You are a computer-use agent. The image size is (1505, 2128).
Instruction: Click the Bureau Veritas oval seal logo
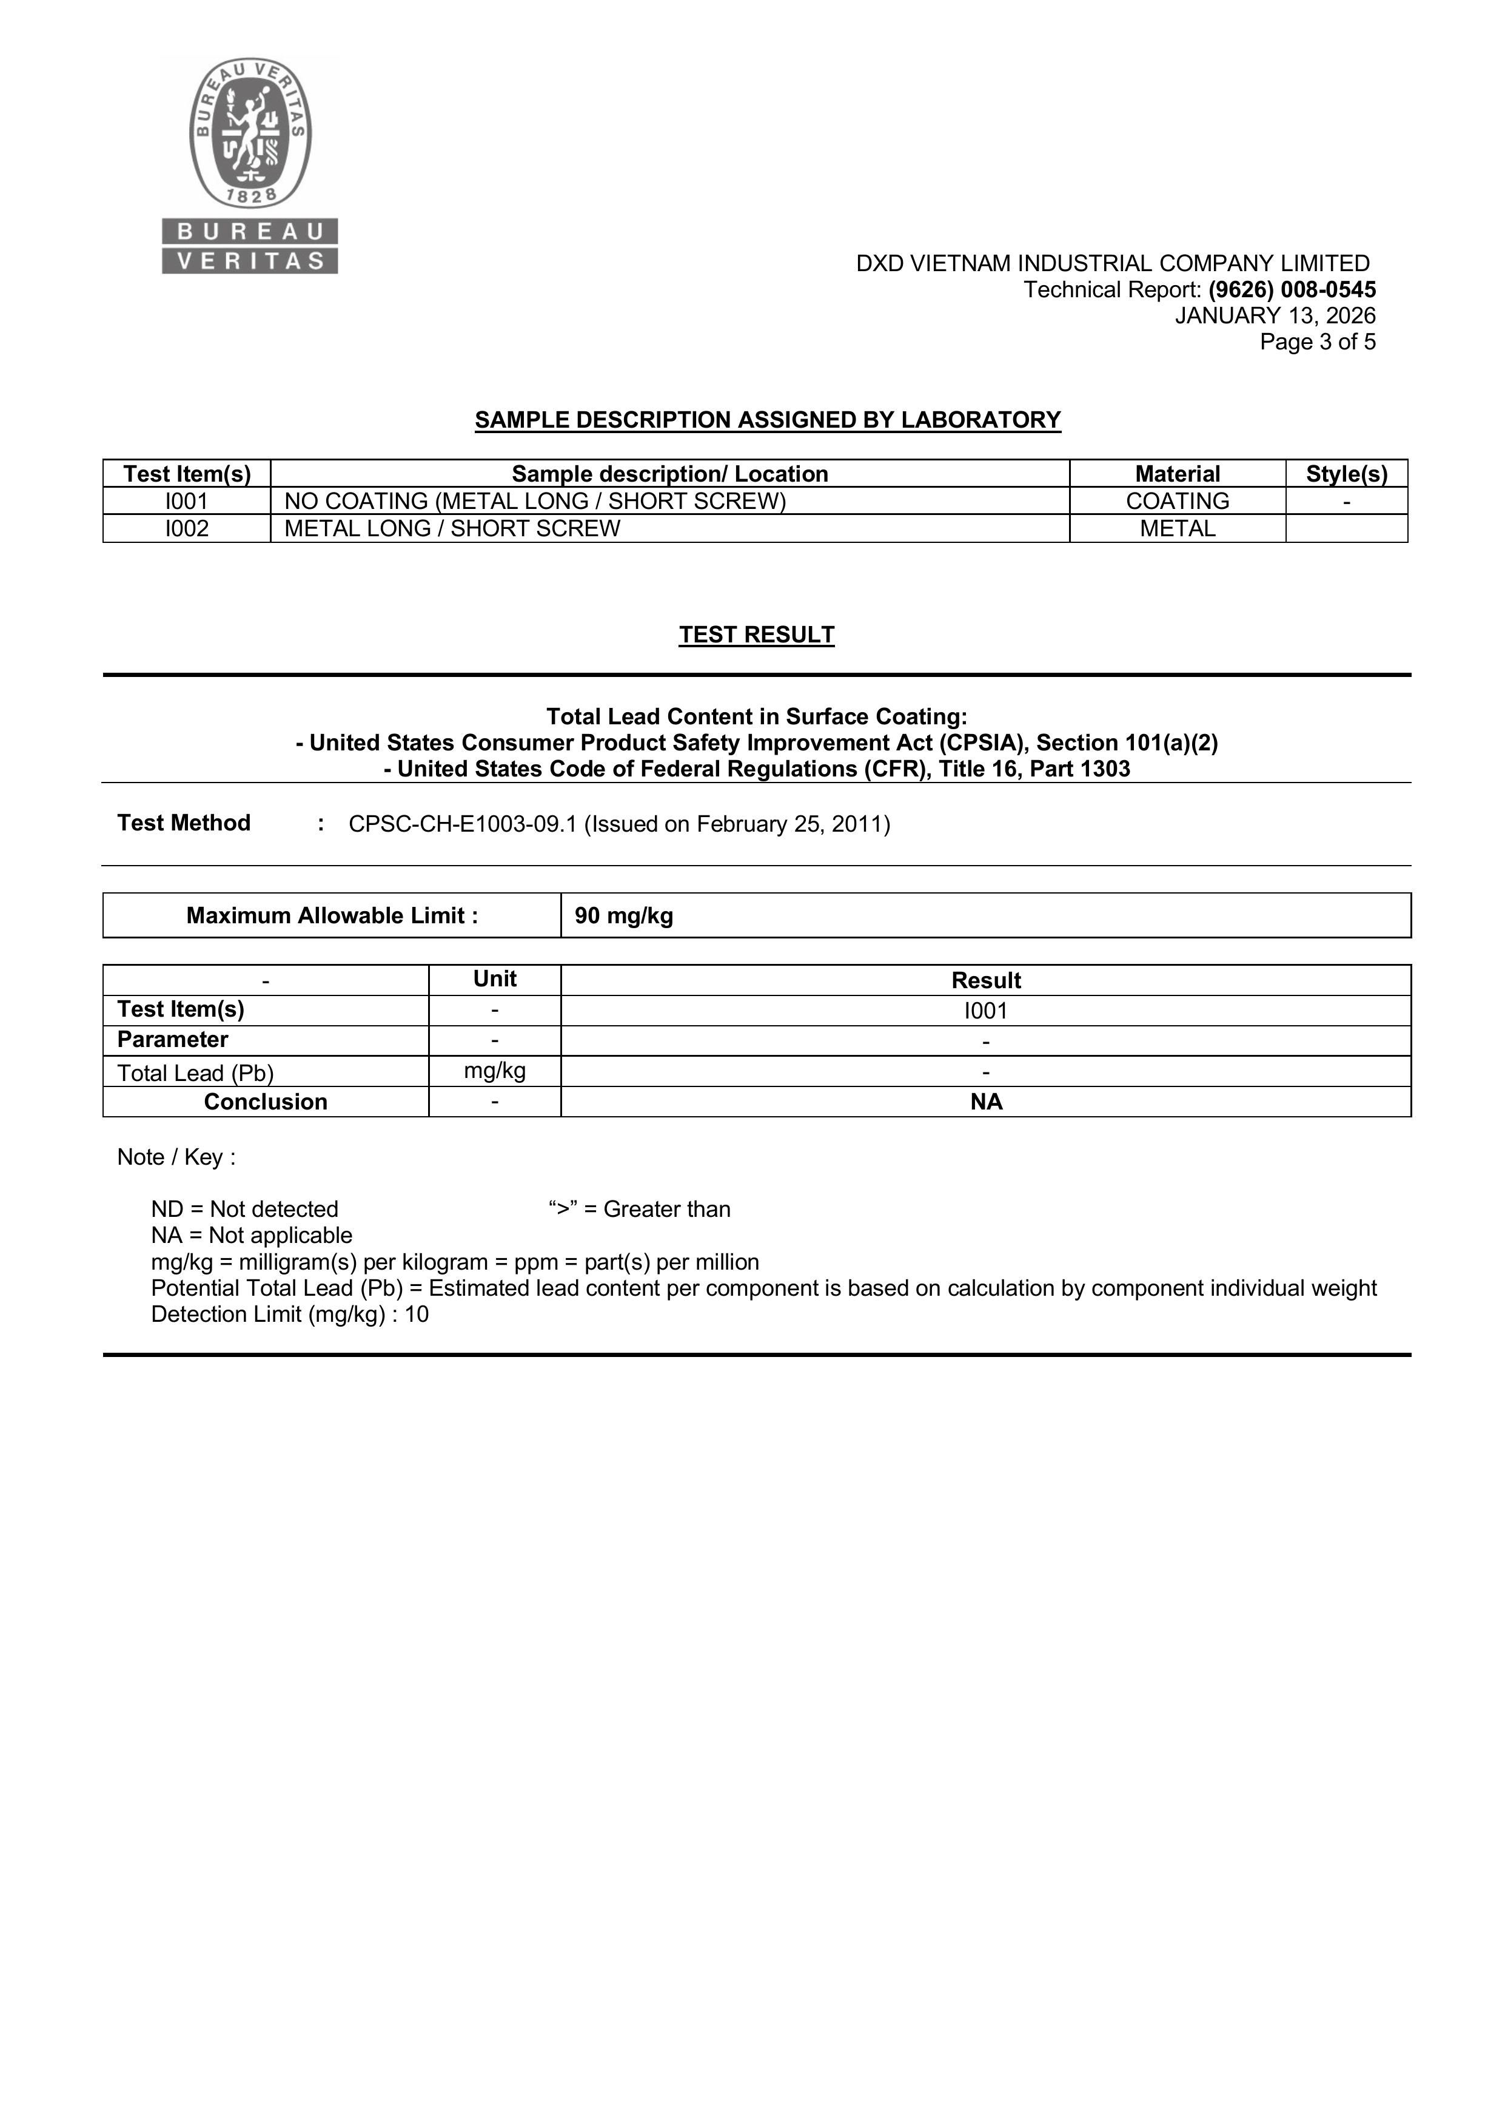click(x=250, y=132)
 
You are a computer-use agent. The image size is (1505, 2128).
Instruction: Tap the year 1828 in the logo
click(x=251, y=195)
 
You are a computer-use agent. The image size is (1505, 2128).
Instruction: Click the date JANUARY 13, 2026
click(x=1275, y=316)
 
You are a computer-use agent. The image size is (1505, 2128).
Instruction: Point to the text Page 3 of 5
click(x=1317, y=342)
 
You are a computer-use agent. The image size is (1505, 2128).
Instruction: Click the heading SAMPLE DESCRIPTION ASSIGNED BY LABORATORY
click(x=767, y=420)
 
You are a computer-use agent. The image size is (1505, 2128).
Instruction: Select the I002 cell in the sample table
click(x=187, y=528)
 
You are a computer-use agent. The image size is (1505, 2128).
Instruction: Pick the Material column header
click(x=1177, y=474)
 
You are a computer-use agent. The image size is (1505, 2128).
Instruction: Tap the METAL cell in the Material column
click(x=1177, y=528)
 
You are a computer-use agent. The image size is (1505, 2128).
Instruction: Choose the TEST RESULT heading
click(x=756, y=635)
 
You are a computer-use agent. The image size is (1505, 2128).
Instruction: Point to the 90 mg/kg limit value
click(x=624, y=916)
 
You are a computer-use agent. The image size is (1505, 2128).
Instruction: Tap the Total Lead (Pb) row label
click(x=195, y=1072)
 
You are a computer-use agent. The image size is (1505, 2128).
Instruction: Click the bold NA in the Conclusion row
click(x=986, y=1102)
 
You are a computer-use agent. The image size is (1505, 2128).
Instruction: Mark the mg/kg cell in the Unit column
click(x=495, y=1071)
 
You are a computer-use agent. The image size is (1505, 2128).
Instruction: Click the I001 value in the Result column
click(x=986, y=1010)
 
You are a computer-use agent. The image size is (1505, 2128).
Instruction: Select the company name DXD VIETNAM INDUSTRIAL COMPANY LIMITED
click(x=1112, y=264)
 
